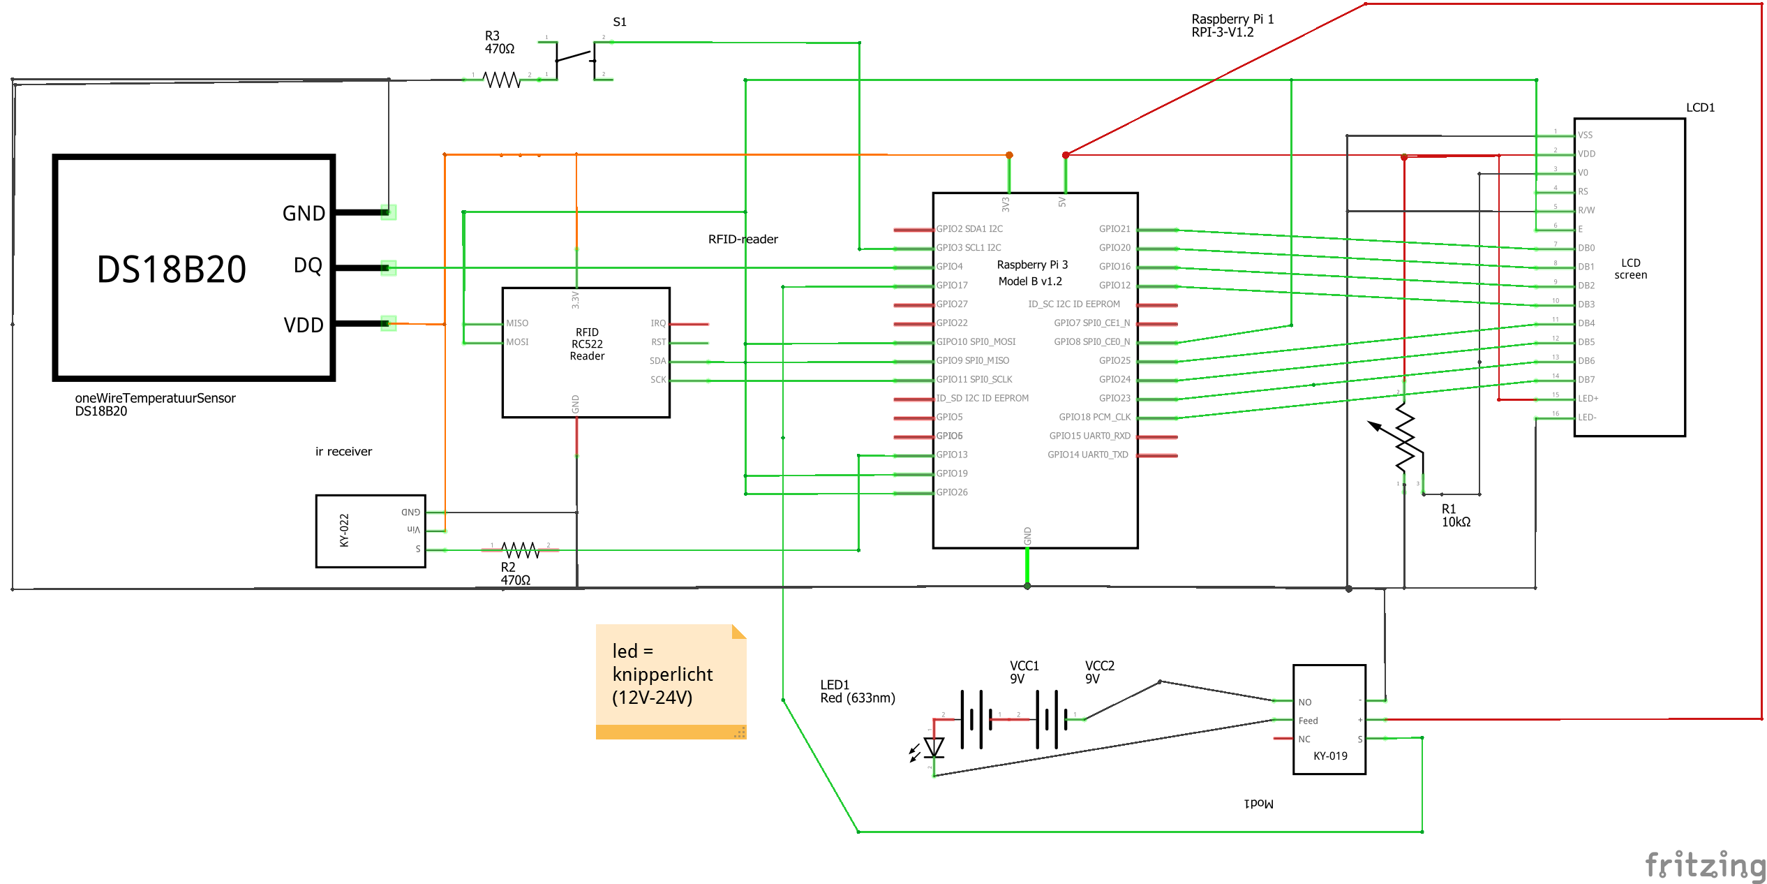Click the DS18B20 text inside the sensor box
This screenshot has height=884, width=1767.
pos(172,270)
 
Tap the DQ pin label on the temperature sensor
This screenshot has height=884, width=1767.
pos(308,266)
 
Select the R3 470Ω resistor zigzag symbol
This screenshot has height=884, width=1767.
pos(502,80)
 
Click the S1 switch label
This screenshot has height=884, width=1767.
pos(619,22)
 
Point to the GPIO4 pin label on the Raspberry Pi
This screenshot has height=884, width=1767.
pos(949,267)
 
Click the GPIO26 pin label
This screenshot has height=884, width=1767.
pos(952,492)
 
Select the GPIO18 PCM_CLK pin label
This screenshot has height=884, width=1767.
pos(1094,417)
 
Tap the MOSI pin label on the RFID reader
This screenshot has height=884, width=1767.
pos(517,342)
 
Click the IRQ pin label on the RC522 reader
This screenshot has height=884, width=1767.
pos(657,323)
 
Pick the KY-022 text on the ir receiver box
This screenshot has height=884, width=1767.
pos(344,531)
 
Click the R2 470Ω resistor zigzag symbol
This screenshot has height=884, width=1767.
pos(520,550)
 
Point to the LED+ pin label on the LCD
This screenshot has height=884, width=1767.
pos(1588,399)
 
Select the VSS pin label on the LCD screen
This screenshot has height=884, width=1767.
pos(1585,135)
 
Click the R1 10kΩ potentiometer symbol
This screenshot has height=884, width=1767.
pos(1404,440)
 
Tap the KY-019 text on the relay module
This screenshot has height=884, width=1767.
pos(1330,756)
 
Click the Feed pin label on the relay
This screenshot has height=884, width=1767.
pos(1308,721)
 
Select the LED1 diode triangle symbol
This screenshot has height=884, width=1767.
pos(934,748)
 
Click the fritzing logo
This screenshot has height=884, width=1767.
pos(1705,865)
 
